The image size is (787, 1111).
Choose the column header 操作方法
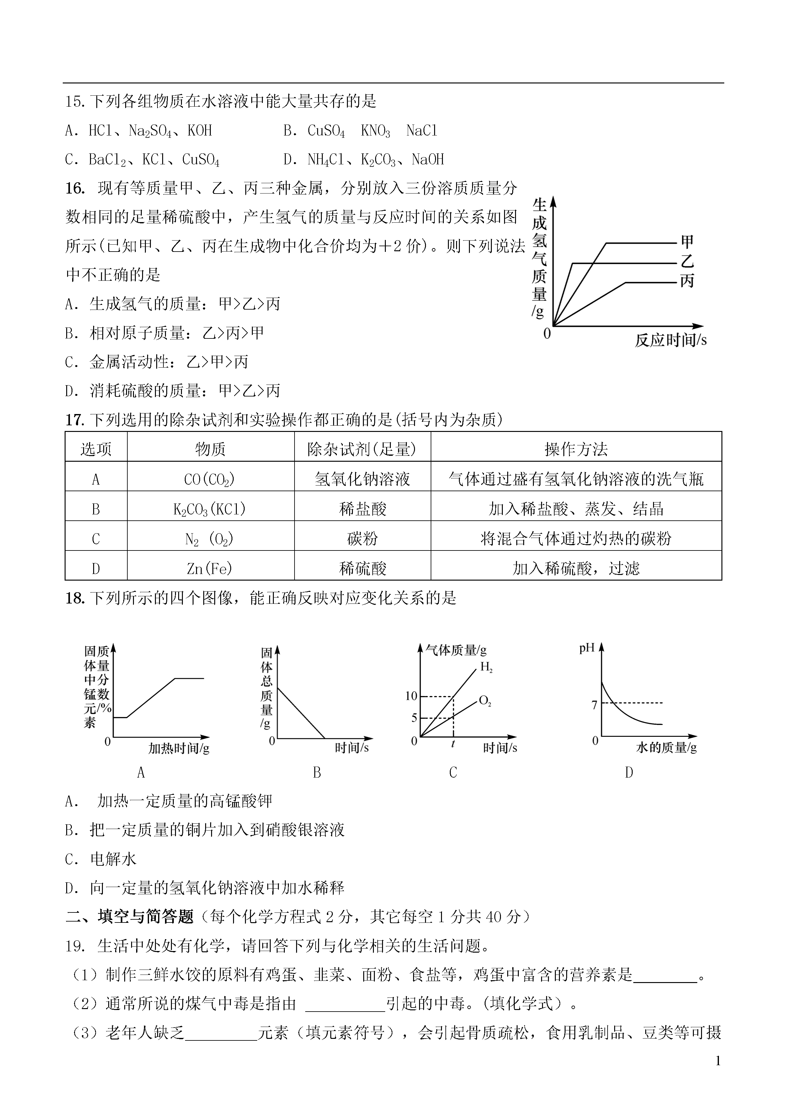pyautogui.click(x=576, y=449)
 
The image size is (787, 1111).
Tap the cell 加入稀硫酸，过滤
pyautogui.click(x=576, y=568)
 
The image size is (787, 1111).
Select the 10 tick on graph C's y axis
pyautogui.click(x=411, y=696)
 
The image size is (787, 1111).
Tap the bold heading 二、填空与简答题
pyautogui.click(x=130, y=916)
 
